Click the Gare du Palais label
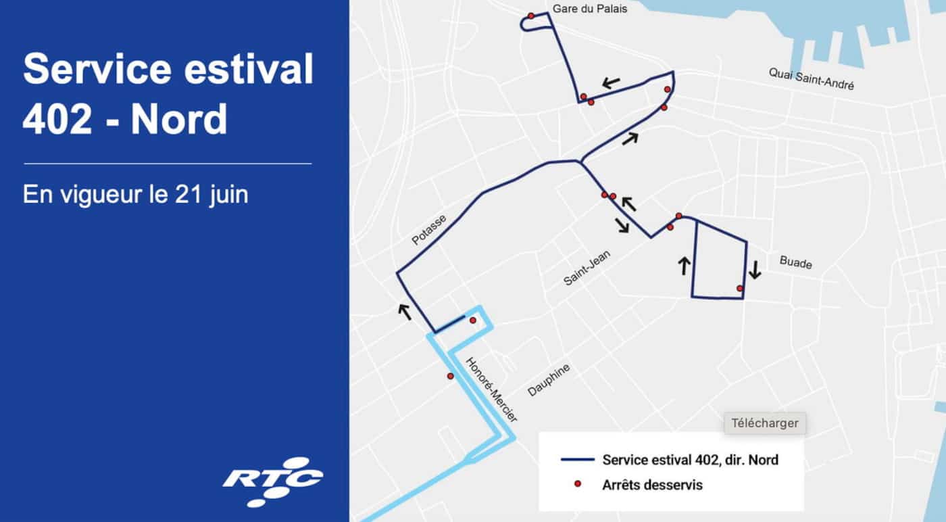click(590, 9)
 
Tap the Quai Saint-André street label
click(811, 79)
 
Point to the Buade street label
click(795, 262)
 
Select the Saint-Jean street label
click(587, 268)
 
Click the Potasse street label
click(429, 231)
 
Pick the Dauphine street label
click(549, 379)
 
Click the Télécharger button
click(765, 423)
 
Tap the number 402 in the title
click(57, 120)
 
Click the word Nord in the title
click(178, 120)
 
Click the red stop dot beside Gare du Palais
click(531, 16)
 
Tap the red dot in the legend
click(577, 484)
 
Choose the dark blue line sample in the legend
click(576, 460)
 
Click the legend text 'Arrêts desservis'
click(652, 485)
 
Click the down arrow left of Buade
click(755, 270)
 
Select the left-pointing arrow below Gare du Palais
click(611, 83)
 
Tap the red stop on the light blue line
click(450, 376)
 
